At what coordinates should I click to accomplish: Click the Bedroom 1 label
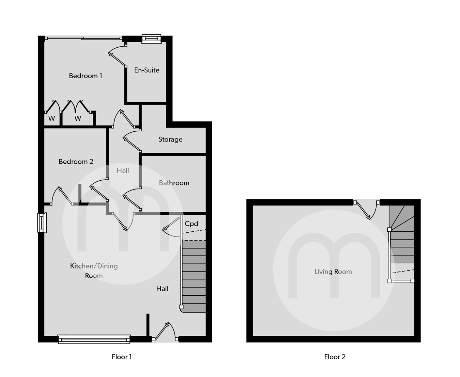[85, 76]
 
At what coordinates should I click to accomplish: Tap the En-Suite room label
[147, 70]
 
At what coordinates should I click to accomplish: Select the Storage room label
[170, 139]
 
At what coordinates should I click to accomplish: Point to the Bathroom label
[174, 183]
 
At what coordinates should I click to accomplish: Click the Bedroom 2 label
[76, 161]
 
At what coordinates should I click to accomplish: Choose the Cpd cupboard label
[191, 224]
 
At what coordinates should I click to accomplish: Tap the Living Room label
[333, 272]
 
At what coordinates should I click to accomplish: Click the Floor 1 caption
[122, 357]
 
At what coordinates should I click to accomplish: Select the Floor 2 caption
[335, 357]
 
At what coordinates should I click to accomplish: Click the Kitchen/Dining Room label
[94, 271]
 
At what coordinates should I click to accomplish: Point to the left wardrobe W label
[51, 118]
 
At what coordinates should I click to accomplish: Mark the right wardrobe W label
[78, 118]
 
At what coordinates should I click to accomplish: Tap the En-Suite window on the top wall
[151, 39]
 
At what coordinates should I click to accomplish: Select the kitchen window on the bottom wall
[94, 339]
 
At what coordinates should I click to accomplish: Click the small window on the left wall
[42, 223]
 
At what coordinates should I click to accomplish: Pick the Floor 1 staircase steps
[194, 276]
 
